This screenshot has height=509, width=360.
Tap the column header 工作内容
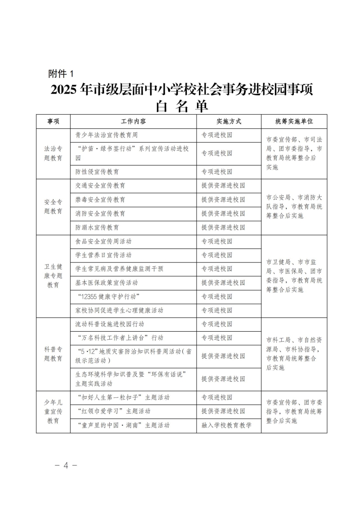[133, 122]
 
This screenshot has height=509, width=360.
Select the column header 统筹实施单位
[294, 122]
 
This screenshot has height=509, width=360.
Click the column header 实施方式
[229, 122]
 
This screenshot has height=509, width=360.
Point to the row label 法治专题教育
[53, 153]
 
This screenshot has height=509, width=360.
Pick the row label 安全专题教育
[53, 207]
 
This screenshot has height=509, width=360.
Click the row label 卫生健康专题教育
[53, 276]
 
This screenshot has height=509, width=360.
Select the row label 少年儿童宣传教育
[53, 411]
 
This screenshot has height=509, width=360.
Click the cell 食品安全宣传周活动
[103, 241]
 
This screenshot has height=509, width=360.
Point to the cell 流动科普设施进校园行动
[110, 324]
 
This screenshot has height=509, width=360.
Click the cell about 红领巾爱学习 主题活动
[113, 411]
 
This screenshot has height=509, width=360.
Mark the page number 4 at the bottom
[66, 465]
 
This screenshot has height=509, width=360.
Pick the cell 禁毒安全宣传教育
[100, 199]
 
